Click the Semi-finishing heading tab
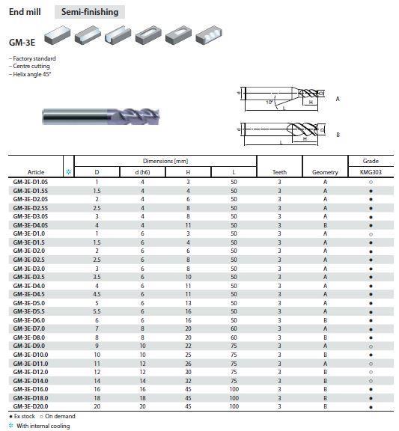(90, 12)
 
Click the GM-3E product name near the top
(22, 43)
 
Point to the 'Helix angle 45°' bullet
(30, 74)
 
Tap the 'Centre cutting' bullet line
(29, 67)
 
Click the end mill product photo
(101, 117)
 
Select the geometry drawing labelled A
(282, 98)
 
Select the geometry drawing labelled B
(282, 134)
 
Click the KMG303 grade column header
(371, 172)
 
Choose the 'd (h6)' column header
(142, 172)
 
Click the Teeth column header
(279, 172)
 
